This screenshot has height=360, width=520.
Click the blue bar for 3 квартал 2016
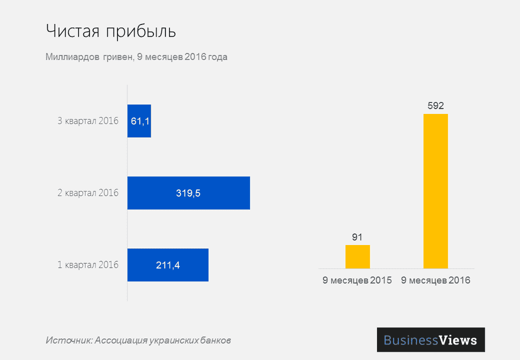point(139,121)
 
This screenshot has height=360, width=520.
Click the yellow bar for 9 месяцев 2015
point(357,256)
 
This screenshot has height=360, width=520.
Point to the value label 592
point(436,106)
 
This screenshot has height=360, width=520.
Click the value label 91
point(357,237)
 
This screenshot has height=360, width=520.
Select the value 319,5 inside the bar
point(188,193)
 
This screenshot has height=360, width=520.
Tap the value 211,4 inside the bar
point(168,265)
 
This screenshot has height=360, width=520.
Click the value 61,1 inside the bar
point(140,121)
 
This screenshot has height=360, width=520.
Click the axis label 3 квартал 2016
point(88,121)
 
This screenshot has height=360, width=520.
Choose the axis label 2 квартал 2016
point(88,193)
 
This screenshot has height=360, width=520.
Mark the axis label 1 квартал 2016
point(88,265)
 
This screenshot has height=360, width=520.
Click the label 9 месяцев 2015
point(357,280)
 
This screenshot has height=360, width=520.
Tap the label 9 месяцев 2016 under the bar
point(436,280)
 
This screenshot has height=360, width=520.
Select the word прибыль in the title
point(141,32)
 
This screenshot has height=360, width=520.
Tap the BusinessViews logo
point(431,340)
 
